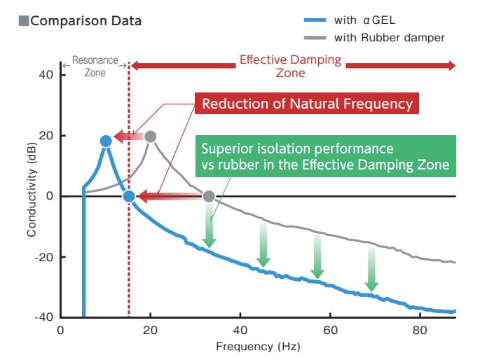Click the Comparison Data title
pos(85,21)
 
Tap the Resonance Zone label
pos(95,66)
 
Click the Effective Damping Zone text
pos(291,66)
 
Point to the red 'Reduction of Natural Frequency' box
pos(307,104)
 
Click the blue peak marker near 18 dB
pos(105,141)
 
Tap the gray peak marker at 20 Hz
pos(150,136)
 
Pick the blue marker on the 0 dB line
pos(129,196)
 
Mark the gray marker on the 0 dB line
pos(208,196)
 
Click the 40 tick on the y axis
pos(46,74)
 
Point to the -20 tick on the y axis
pos(43,257)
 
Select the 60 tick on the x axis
pos(331,330)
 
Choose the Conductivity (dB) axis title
pos(32,196)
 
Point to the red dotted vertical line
pos(129,266)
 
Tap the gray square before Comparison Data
pos(24,21)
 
